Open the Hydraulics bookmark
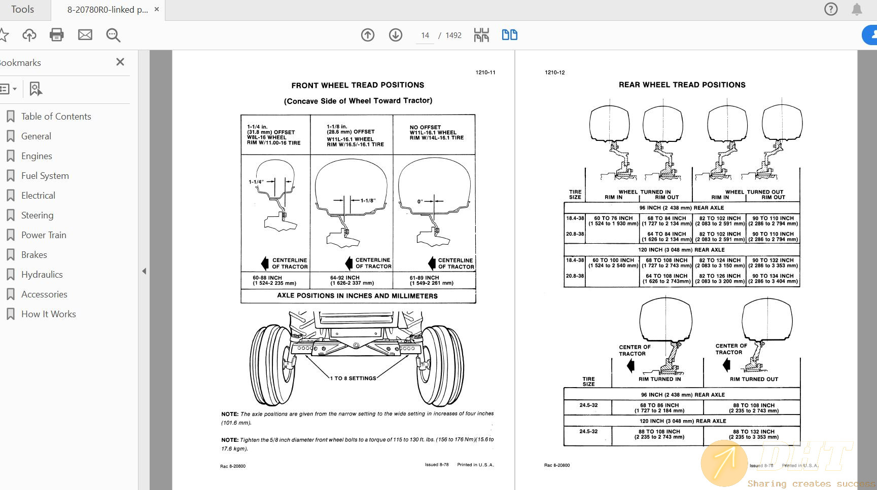point(42,275)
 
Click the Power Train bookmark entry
point(44,235)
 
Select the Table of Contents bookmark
point(56,117)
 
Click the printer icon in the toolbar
point(57,35)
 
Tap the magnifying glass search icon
point(113,35)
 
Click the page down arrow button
point(396,35)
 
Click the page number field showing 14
point(425,35)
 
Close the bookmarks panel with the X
point(120,62)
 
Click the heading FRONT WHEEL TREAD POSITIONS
point(358,85)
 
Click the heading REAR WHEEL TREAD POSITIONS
point(682,85)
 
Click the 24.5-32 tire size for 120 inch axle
point(588,431)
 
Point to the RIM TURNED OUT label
point(754,379)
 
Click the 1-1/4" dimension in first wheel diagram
point(256,182)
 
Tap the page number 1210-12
point(554,72)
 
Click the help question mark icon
point(831,9)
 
